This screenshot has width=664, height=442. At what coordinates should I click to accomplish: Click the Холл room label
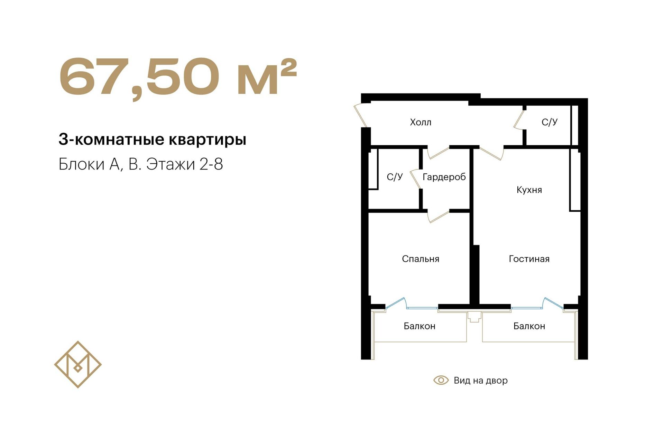coord(421,122)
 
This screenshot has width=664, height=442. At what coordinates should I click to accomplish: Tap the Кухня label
coord(529,190)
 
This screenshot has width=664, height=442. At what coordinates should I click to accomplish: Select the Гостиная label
coord(529,259)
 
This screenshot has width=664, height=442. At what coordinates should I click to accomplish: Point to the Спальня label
coord(421,259)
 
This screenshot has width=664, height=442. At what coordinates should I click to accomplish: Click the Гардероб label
coord(444,177)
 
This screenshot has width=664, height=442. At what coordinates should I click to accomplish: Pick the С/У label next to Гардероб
coord(395,177)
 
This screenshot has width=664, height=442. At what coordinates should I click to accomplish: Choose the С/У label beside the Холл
coord(550,122)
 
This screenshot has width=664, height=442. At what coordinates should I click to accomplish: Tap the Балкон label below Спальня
coord(419,326)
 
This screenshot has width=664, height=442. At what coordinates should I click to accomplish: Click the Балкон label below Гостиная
coord(529,326)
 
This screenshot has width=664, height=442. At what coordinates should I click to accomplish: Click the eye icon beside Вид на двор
coord(441,380)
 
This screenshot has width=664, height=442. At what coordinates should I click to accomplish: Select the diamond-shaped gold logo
coord(78,365)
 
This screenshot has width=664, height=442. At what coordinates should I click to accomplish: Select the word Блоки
coord(82,164)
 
